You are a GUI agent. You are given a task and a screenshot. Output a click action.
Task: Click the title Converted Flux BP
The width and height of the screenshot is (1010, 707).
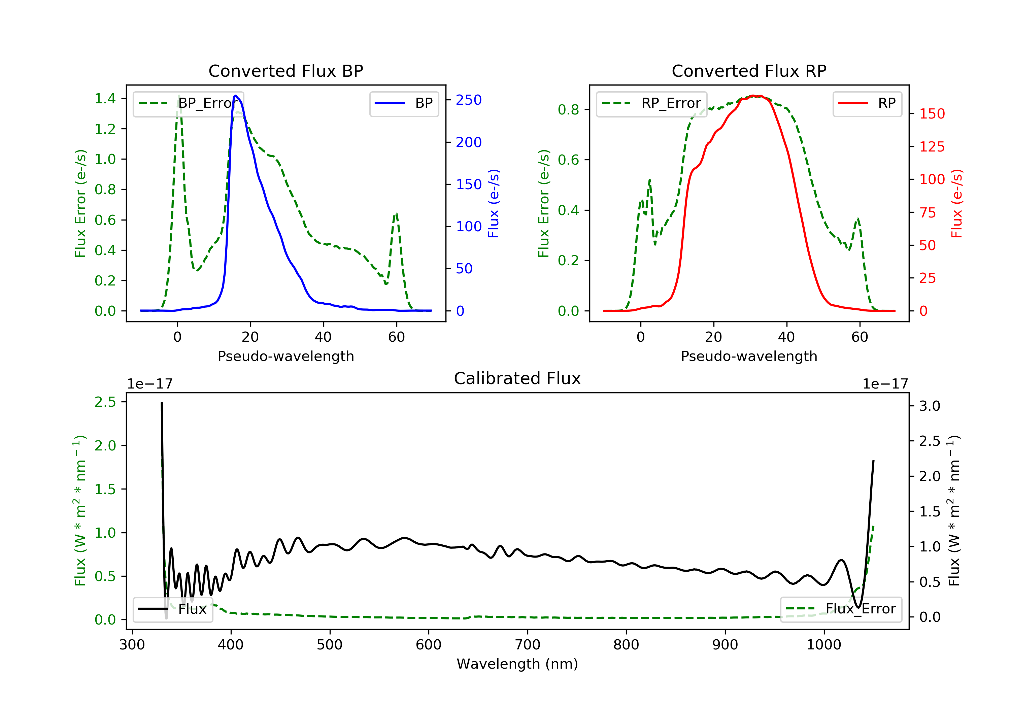(x=285, y=71)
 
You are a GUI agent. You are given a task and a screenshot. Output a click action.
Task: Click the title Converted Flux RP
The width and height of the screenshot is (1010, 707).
(x=749, y=71)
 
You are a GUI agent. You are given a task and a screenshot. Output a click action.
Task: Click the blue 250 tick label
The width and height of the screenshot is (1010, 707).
(x=469, y=100)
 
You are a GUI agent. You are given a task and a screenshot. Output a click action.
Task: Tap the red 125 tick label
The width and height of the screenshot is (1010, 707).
(x=932, y=147)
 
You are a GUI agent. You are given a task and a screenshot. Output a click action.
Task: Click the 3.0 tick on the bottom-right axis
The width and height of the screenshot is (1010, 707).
(x=930, y=406)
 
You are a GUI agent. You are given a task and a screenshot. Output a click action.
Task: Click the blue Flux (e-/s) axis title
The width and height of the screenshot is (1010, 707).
(x=494, y=203)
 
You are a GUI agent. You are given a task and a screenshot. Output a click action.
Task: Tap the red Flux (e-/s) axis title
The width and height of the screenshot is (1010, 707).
(x=957, y=203)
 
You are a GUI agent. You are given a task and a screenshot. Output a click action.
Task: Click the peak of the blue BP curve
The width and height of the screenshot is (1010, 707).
(x=236, y=96)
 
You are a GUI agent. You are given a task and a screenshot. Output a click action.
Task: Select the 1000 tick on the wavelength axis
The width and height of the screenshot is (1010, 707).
(x=823, y=645)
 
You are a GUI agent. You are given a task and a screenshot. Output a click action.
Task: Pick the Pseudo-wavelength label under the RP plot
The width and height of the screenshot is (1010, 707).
(x=749, y=356)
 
